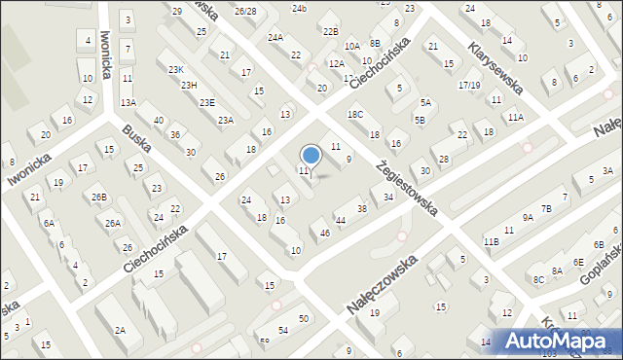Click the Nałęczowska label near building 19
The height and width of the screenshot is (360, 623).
tap(382, 285)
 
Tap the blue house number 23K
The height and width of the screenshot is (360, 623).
tap(175, 69)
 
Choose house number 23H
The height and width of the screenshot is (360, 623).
tap(189, 85)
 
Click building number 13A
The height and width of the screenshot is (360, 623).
tap(128, 102)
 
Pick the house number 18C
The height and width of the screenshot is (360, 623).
tap(355, 115)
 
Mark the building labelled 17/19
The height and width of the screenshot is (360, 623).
tap(469, 86)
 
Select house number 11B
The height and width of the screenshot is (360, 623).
tap(491, 240)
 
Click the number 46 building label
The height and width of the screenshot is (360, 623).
tap(324, 233)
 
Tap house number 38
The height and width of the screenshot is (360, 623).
tap(362, 209)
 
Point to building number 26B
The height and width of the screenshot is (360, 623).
tap(99, 198)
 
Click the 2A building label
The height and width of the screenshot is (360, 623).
tap(119, 331)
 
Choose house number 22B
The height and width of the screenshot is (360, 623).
tap(330, 31)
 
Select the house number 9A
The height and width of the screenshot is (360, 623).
tap(527, 219)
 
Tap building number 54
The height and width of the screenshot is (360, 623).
tap(283, 332)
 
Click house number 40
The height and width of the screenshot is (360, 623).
tap(160, 120)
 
